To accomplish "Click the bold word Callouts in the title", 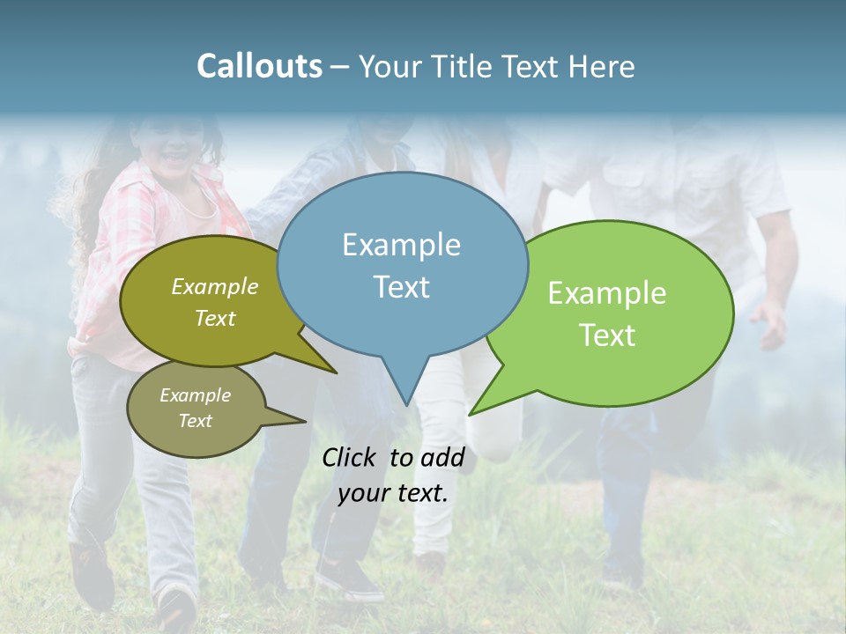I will coord(259,66).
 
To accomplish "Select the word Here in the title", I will coord(603,66).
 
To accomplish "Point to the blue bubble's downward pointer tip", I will coord(406,404).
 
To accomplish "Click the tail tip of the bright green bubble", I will coord(471,414).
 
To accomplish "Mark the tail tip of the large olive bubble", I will coord(336,372).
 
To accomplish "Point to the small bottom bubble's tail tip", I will coord(305,421).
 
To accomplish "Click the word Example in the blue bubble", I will coord(401,245).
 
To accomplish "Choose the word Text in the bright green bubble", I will coord(607,335).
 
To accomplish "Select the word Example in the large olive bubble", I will coord(215,287).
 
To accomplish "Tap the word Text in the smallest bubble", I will coord(196,421).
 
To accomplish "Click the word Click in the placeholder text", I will coord(349,457).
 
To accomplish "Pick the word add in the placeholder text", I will coord(442,457).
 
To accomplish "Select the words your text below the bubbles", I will coord(393,493).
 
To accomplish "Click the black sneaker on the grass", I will coord(349,579).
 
